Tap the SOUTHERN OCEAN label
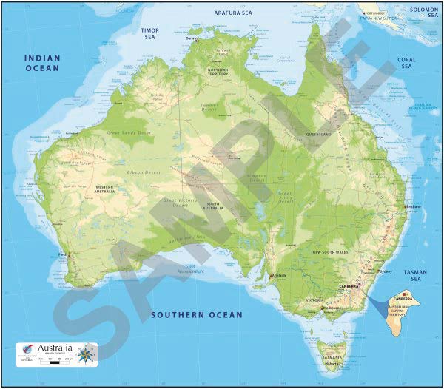[197, 315]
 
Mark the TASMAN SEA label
[415, 276]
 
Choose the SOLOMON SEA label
[425, 13]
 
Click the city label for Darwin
[193, 38]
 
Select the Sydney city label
[385, 271]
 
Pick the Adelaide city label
[278, 275]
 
